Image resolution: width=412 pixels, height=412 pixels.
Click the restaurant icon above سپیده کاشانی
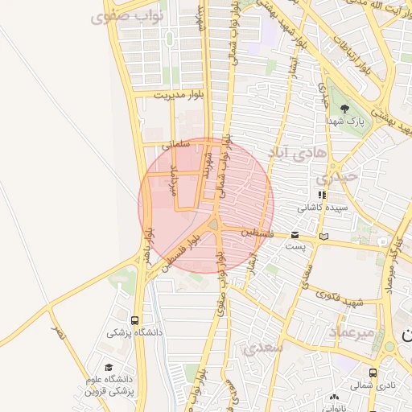(322, 195)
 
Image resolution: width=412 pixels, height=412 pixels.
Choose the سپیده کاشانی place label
(321, 207)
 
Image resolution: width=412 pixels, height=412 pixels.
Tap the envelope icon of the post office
(296, 235)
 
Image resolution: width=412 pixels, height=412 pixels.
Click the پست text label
(296, 245)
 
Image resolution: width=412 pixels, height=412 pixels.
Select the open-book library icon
(324, 237)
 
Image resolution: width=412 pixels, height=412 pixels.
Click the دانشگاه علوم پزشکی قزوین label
(107, 385)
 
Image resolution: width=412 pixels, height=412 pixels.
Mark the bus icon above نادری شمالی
(373, 373)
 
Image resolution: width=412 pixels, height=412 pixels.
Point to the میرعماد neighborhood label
(352, 332)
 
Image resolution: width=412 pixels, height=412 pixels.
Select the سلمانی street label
(174, 146)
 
